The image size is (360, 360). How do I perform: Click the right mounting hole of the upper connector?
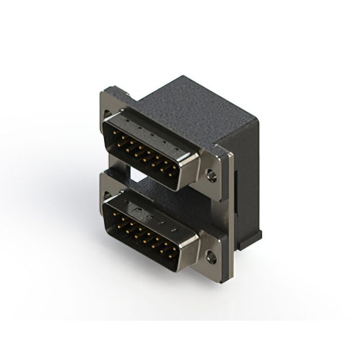(x=211, y=176)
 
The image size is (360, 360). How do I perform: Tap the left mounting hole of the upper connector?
(x=108, y=114)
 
